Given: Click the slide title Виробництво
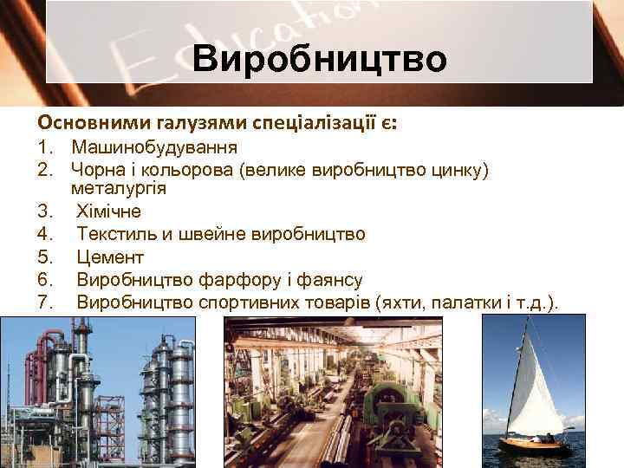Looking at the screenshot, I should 320,60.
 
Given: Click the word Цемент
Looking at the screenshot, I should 110,257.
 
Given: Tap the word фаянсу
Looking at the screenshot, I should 332,280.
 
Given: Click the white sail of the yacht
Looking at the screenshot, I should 537,390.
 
